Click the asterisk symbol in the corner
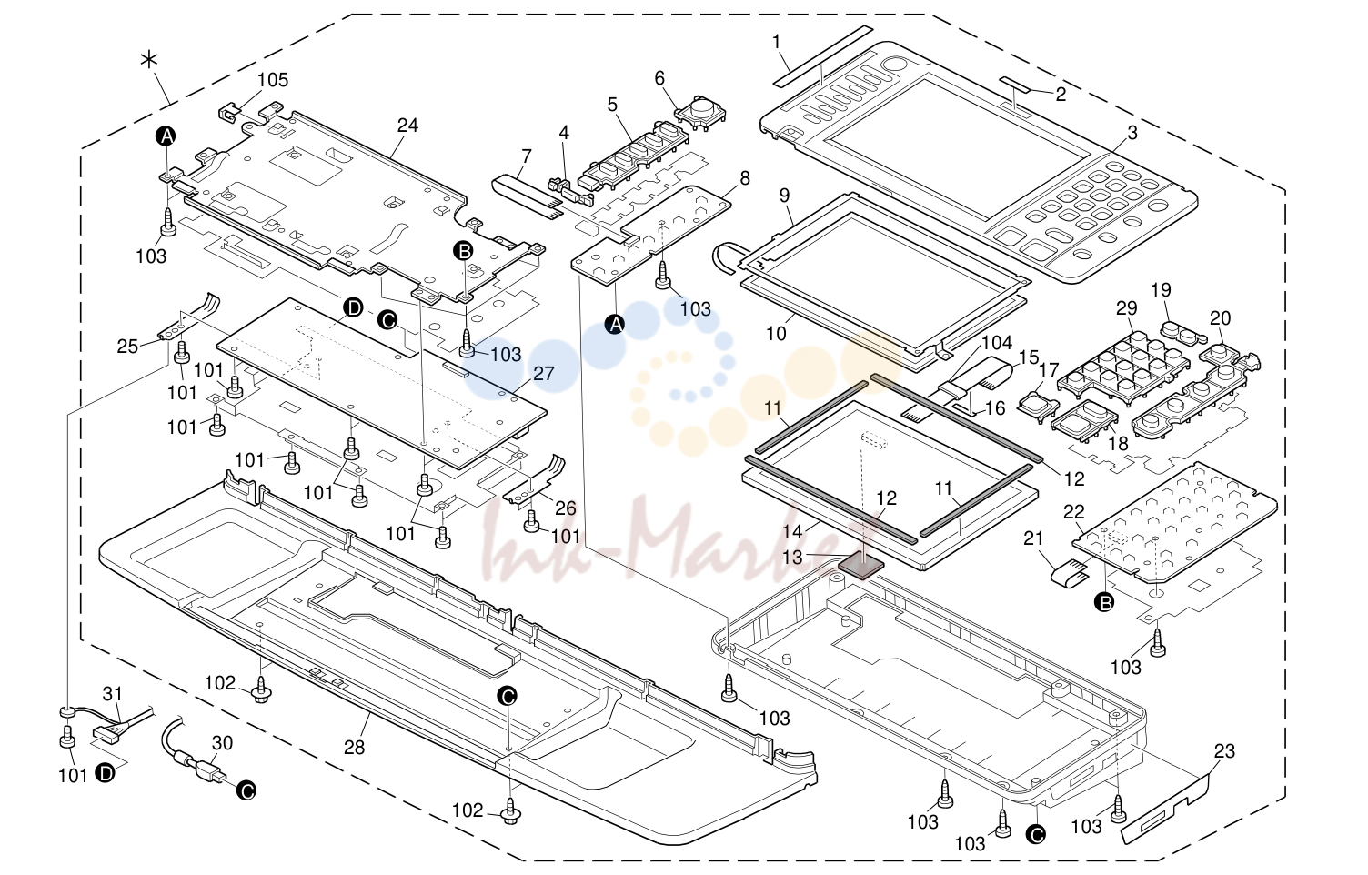click(x=149, y=59)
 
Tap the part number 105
click(x=272, y=80)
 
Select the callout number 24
click(x=407, y=126)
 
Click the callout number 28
click(x=354, y=748)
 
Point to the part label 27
click(x=544, y=373)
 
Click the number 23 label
click(x=1224, y=751)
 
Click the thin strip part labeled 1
click(x=822, y=55)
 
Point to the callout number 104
click(x=997, y=343)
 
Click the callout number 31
click(x=113, y=694)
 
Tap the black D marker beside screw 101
click(x=106, y=774)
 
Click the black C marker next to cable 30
click(x=246, y=790)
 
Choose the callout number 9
click(x=785, y=196)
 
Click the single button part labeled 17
click(x=1038, y=405)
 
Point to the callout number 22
click(x=1073, y=512)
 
